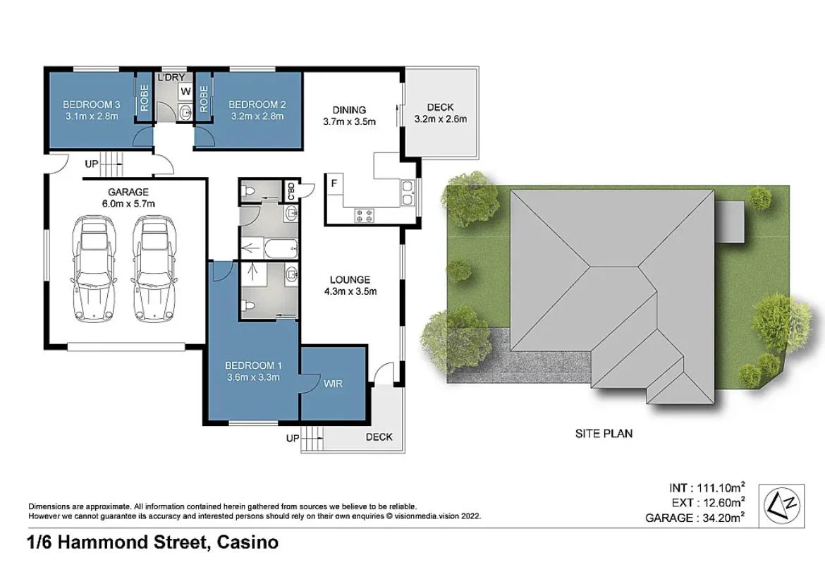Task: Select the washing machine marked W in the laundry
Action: pyautogui.click(x=185, y=91)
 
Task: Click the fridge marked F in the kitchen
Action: pyautogui.click(x=334, y=183)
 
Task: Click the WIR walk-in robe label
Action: pyautogui.click(x=333, y=384)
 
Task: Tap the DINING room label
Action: pyautogui.click(x=349, y=109)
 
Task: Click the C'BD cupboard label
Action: pyautogui.click(x=289, y=190)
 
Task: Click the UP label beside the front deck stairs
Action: pyautogui.click(x=292, y=438)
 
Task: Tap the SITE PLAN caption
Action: pyautogui.click(x=604, y=433)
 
